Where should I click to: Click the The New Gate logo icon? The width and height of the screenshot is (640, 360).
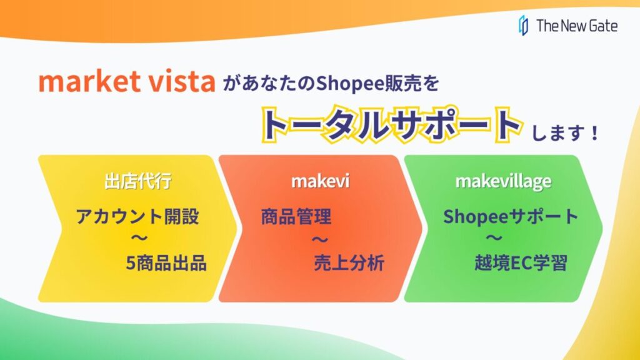523,25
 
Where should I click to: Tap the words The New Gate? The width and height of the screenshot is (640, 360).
577,26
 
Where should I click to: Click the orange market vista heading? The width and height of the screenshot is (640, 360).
126,81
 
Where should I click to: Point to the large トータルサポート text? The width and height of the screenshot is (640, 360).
391,124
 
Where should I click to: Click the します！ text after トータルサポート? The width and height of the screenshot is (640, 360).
565,132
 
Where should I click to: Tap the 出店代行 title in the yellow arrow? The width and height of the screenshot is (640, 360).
138,181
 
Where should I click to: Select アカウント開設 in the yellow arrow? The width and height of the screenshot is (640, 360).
137,216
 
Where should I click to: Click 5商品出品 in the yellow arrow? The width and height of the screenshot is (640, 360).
166,263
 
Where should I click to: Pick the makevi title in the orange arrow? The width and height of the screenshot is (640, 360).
321,181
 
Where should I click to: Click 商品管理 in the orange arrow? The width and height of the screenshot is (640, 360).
296,216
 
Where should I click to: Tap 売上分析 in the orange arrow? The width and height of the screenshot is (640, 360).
349,263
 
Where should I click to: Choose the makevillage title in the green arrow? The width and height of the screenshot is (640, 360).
503,182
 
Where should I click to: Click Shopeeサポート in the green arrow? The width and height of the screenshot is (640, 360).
511,216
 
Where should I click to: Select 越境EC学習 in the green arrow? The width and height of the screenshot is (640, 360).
521,263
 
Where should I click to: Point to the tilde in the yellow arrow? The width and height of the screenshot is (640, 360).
139,237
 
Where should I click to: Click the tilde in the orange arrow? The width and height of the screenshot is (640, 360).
320,239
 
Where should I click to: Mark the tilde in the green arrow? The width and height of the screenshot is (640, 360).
494,237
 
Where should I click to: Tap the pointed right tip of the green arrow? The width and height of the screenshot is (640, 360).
602,229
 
